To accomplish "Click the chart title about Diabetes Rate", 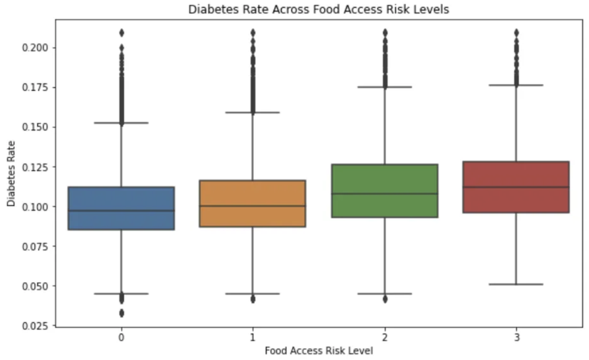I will point(318,9).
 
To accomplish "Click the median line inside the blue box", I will point(121,211).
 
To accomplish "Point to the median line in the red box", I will point(516,187).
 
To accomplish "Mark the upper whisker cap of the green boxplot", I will point(385,87).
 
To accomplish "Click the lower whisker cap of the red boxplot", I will point(516,284).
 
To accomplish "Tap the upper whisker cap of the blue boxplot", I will point(121,123).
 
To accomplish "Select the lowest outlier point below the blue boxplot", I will point(121,313).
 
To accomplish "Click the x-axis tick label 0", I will point(121,337).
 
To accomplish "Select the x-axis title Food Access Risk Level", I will point(318,351).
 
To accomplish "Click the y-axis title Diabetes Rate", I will point(11,173).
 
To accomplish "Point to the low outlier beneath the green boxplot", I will point(385,299).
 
